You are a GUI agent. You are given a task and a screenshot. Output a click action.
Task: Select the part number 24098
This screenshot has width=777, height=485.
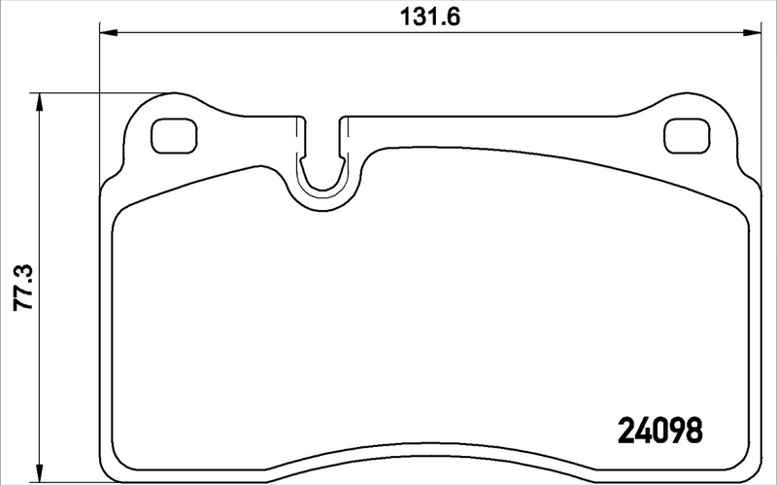[659, 428]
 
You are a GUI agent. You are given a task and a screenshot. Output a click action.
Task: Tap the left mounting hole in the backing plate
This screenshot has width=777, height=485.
[175, 135]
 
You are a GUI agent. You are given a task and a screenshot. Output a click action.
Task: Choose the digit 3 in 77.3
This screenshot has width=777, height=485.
[22, 264]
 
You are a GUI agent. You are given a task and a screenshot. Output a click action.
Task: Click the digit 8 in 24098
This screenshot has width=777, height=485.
[692, 428]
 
